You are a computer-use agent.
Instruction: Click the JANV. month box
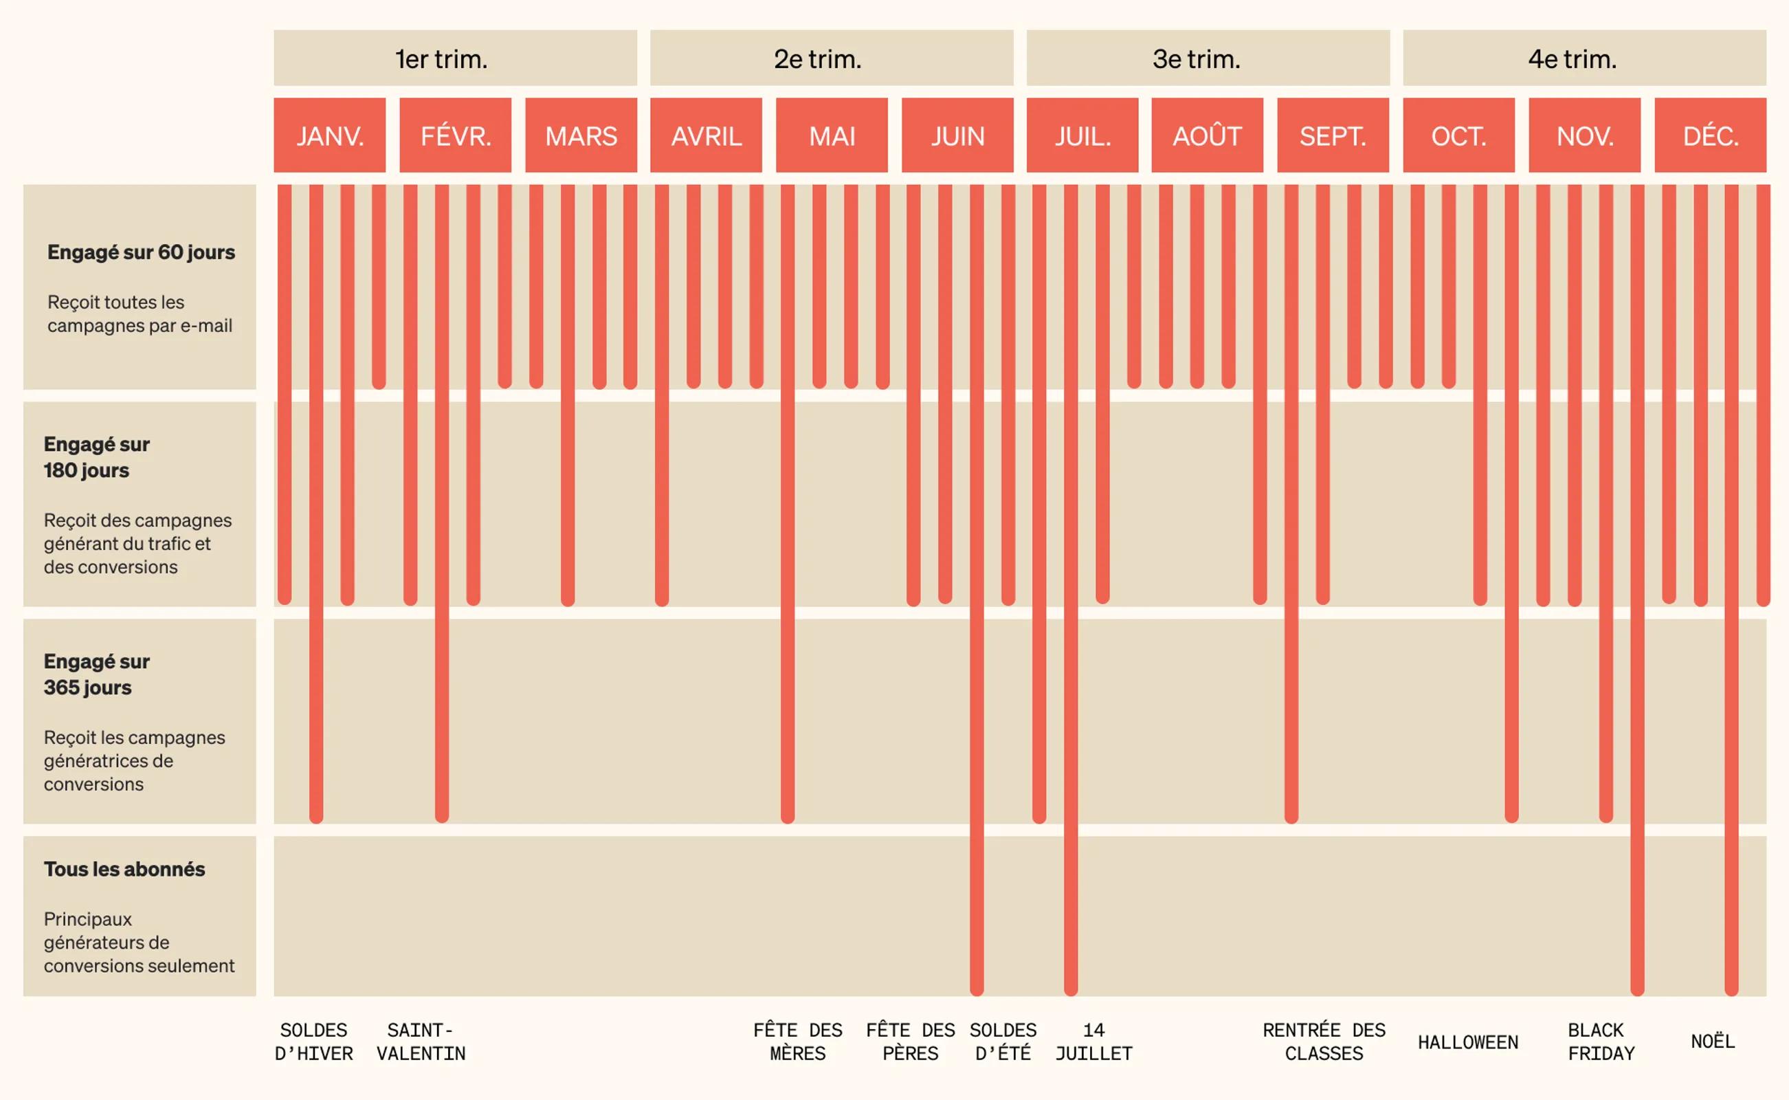point(329,135)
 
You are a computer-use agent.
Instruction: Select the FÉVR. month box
point(455,135)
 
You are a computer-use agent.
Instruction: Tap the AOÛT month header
point(1207,135)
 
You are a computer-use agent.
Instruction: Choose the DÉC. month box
point(1711,135)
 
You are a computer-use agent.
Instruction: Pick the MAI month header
point(832,135)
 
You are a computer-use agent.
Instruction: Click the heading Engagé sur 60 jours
point(141,252)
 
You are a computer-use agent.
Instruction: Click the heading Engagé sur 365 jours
point(96,674)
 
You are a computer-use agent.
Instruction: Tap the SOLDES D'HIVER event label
point(313,1042)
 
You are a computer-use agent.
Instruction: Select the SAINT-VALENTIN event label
point(421,1042)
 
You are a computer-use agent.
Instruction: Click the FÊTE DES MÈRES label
point(798,1042)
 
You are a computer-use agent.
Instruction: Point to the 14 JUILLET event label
point(1093,1042)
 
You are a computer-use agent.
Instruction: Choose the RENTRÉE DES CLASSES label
point(1324,1042)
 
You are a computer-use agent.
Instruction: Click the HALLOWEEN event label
point(1467,1042)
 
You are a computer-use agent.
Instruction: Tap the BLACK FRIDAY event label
point(1601,1042)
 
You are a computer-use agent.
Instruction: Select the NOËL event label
point(1713,1042)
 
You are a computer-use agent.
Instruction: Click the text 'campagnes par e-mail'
point(140,326)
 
